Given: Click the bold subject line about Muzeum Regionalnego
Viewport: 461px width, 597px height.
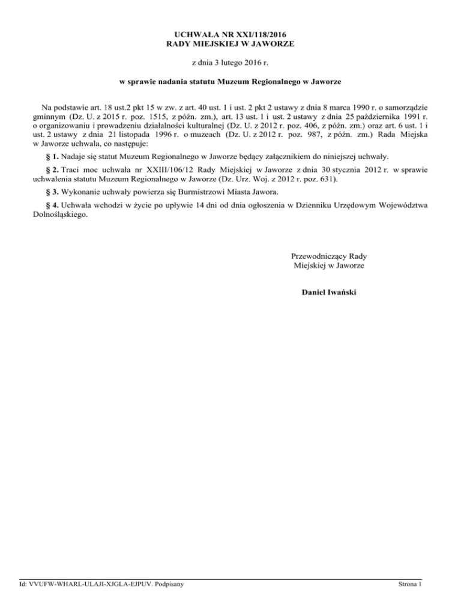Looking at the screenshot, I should coord(230,81).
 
